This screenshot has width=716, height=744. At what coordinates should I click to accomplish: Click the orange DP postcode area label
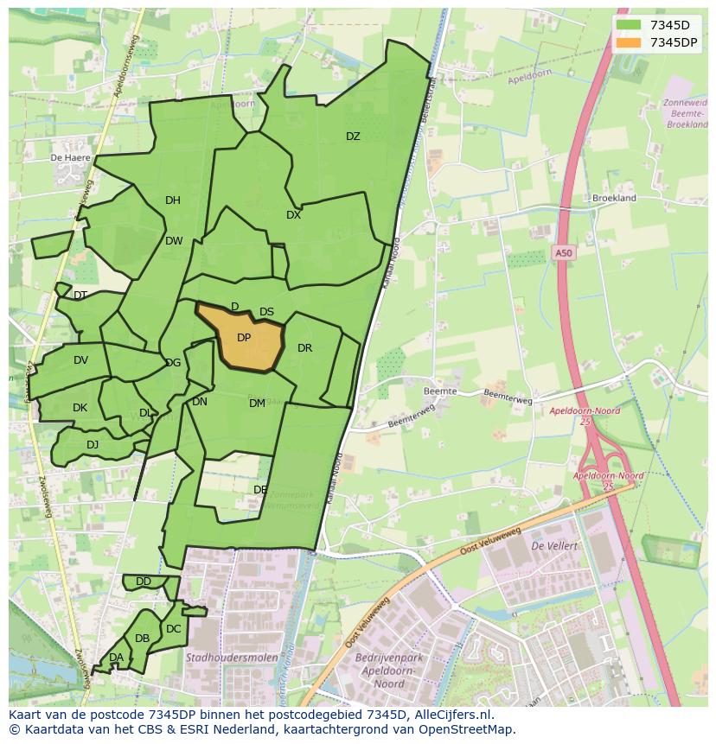[x=244, y=338]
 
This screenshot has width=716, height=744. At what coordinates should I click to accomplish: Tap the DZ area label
[x=353, y=137]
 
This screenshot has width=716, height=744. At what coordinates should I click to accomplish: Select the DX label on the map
[x=293, y=215]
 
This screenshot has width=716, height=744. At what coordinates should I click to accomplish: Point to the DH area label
[x=173, y=200]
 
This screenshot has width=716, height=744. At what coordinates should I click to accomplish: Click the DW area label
[x=174, y=241]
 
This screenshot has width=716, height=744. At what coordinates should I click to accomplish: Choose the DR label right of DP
[x=304, y=348]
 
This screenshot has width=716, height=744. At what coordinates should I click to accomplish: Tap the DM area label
[x=257, y=404]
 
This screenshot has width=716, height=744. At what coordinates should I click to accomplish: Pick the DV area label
[x=80, y=360]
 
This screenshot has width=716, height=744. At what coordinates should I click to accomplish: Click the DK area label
[x=80, y=408]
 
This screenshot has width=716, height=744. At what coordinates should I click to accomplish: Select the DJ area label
[x=93, y=445]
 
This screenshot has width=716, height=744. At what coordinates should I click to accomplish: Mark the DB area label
[x=142, y=639]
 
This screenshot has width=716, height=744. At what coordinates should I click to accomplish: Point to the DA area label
[x=116, y=658]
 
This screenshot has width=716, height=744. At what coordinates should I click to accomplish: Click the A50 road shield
[x=563, y=252]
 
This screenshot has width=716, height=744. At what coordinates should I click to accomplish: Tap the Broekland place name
[x=614, y=198]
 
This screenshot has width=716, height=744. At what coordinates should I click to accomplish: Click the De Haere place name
[x=70, y=158]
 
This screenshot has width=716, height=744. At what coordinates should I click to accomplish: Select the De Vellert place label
[x=553, y=546]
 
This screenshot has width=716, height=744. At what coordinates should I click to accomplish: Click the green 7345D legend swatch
[x=630, y=25]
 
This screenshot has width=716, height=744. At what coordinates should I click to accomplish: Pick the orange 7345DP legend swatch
[x=630, y=42]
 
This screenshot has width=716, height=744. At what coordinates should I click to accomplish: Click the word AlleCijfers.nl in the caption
[x=452, y=715]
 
